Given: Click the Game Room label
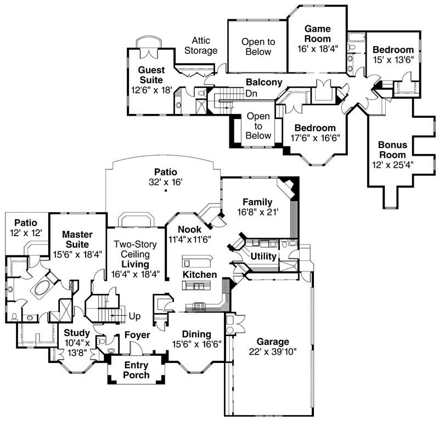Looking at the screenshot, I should (x=318, y=33).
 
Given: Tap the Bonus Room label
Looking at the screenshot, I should (x=392, y=150).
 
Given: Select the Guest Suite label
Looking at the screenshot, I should (x=151, y=75).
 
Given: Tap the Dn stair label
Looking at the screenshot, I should (x=251, y=94).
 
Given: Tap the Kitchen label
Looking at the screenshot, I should (x=200, y=274).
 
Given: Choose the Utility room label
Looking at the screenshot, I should (x=263, y=256).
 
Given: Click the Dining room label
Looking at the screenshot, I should (x=196, y=334).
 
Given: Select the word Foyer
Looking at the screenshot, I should (x=137, y=334).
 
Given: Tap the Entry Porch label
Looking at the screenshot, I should (x=136, y=370).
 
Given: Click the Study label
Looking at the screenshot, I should (x=76, y=333).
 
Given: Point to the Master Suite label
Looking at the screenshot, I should (x=76, y=240).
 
